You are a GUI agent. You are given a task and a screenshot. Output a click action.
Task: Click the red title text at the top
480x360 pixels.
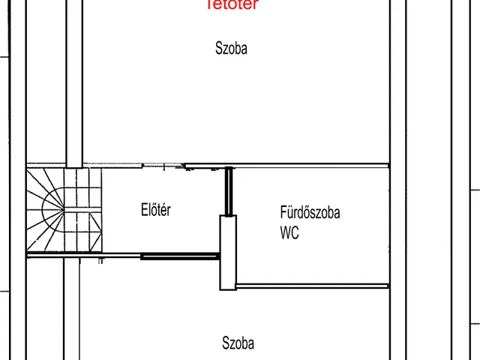click(x=232, y=4)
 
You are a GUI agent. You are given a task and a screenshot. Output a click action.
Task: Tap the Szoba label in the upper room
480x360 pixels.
click(x=231, y=49)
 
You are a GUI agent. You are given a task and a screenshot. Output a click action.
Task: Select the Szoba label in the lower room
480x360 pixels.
click(x=238, y=343)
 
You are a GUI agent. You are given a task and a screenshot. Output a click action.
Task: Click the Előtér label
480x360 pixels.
click(x=156, y=210)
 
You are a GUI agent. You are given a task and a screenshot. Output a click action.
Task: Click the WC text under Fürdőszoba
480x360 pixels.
click(x=289, y=233)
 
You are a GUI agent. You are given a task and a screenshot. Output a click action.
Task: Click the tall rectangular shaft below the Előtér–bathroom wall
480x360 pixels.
click(x=227, y=253)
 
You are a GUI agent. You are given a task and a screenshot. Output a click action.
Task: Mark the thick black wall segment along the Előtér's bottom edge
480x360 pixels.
click(x=180, y=256)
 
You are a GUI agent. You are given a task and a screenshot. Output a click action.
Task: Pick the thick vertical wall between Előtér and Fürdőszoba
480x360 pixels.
click(x=229, y=192)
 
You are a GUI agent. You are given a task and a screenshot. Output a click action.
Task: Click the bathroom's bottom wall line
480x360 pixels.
click(x=313, y=286)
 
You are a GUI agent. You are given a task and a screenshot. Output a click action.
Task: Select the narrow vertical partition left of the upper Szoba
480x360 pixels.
click(x=74, y=82)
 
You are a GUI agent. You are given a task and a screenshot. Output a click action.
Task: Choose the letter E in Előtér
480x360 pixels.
click(x=144, y=210)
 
